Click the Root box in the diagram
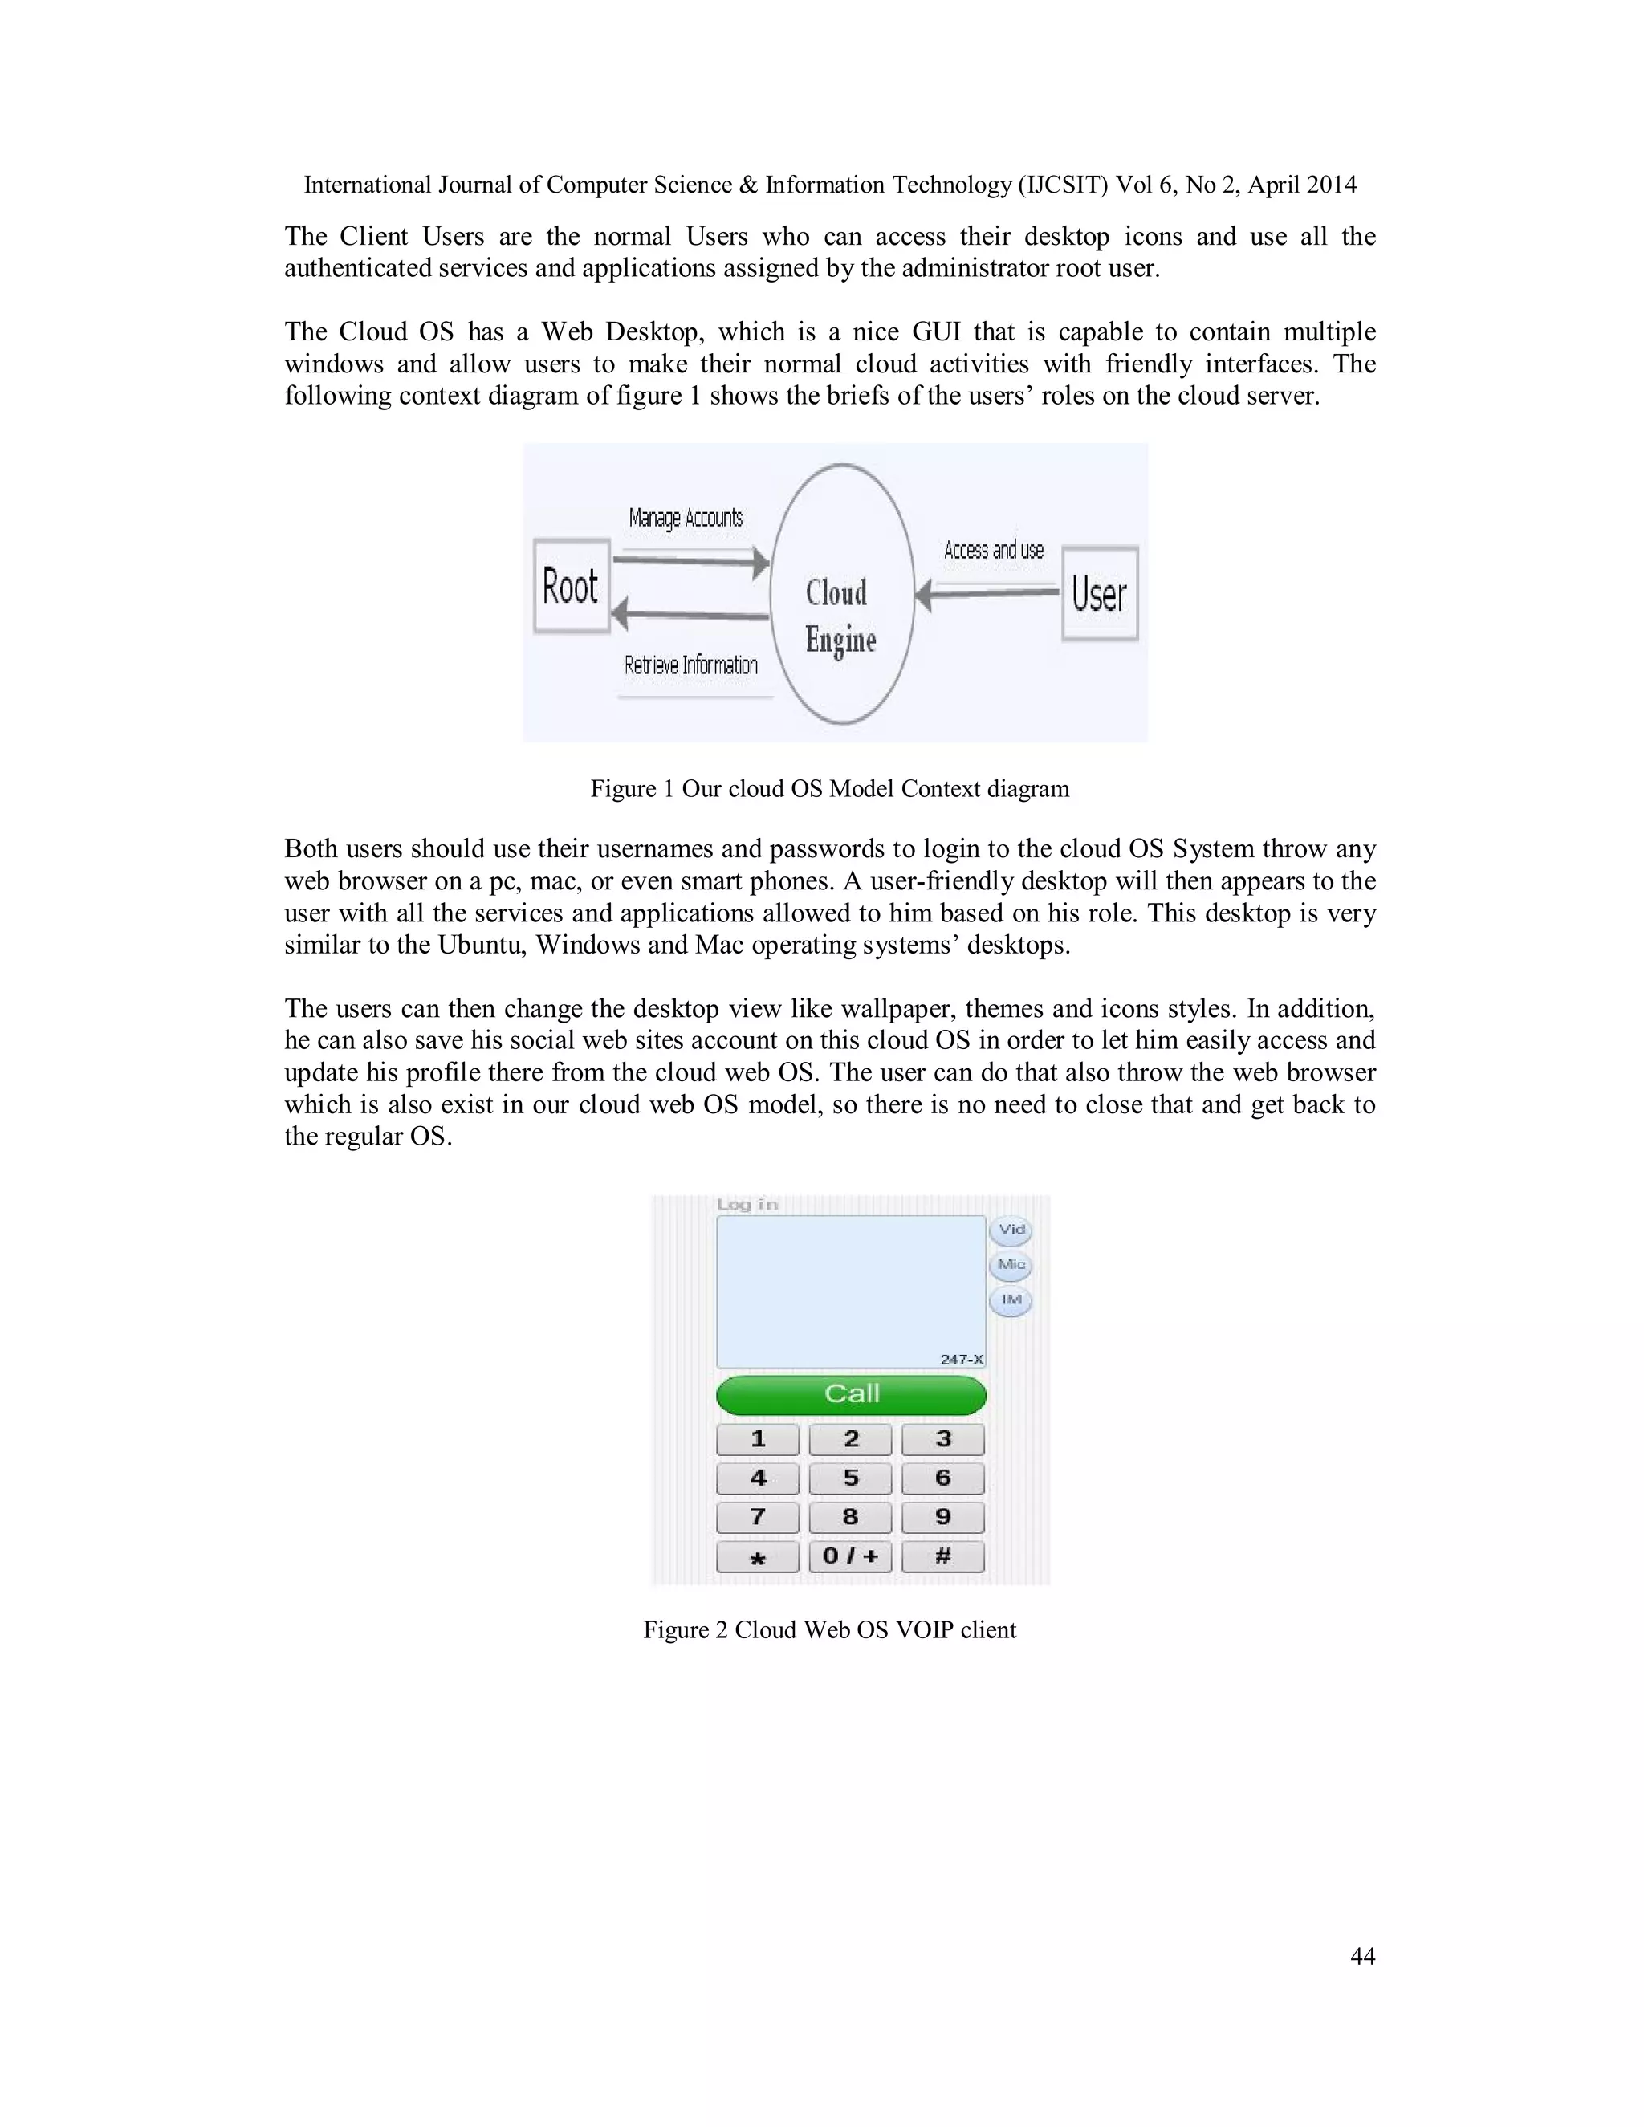(572, 588)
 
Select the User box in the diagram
(1100, 593)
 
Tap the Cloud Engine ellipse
(841, 593)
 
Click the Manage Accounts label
(686, 519)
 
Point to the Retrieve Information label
(690, 665)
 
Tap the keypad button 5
(850, 1478)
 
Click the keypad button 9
(942, 1517)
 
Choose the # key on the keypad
(942, 1556)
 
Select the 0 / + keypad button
(850, 1556)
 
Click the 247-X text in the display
(961, 1360)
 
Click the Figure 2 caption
(828, 1630)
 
